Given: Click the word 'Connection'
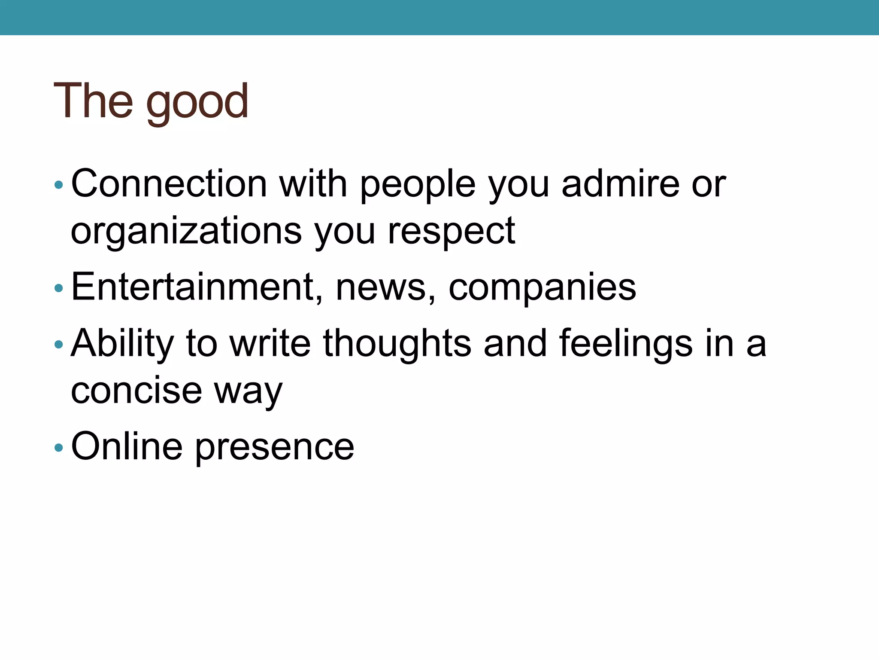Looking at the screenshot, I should (169, 184).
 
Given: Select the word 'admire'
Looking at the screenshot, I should (620, 184).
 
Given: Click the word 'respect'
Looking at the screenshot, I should (451, 232).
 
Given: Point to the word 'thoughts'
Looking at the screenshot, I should (397, 343).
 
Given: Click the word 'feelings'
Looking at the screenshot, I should (626, 343).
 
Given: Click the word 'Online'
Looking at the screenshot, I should (127, 446).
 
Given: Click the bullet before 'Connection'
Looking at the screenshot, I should (59, 186).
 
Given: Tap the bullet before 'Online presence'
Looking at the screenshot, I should (59, 448).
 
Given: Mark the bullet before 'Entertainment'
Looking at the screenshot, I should (59, 288).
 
